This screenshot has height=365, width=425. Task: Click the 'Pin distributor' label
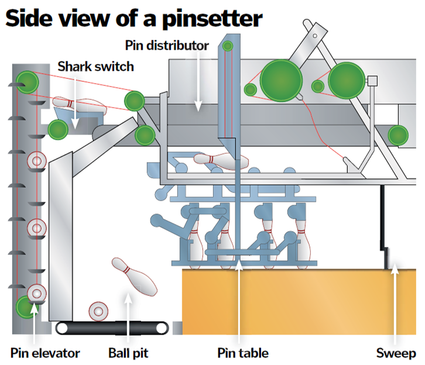(167, 45)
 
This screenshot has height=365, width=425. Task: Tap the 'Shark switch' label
(95, 66)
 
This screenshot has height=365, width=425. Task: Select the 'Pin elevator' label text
(45, 353)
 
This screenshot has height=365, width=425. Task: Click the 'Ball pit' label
(128, 353)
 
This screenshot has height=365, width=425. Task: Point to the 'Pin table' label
(242, 353)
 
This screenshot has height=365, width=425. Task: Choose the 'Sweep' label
(396, 353)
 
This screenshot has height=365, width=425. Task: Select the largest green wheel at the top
(280, 79)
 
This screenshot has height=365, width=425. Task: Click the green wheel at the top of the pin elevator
(26, 80)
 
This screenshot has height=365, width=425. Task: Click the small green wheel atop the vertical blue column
(227, 46)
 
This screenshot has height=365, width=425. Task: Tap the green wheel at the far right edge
(398, 134)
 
